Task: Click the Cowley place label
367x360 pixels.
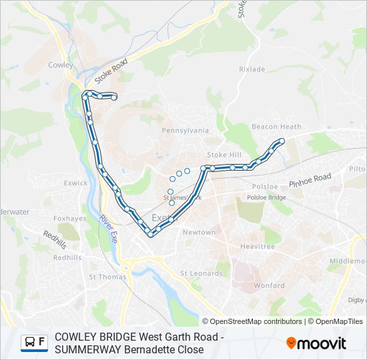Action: (x=61, y=65)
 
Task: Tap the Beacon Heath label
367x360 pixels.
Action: (x=276, y=127)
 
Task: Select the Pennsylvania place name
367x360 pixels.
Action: (x=186, y=131)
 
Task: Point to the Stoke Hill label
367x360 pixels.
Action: (x=224, y=155)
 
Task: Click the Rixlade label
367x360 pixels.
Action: (x=252, y=69)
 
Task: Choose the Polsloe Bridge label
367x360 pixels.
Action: (x=266, y=198)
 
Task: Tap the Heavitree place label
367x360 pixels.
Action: (x=257, y=247)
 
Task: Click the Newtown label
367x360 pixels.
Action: (x=199, y=233)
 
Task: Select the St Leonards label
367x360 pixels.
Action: (x=202, y=273)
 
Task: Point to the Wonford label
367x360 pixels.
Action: (x=270, y=285)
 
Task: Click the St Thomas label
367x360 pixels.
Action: (x=103, y=277)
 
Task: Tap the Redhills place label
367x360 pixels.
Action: (x=67, y=257)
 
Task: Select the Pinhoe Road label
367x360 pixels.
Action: (x=310, y=180)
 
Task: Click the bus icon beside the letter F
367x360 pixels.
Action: (x=30, y=343)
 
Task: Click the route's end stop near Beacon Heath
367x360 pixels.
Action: (x=282, y=141)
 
